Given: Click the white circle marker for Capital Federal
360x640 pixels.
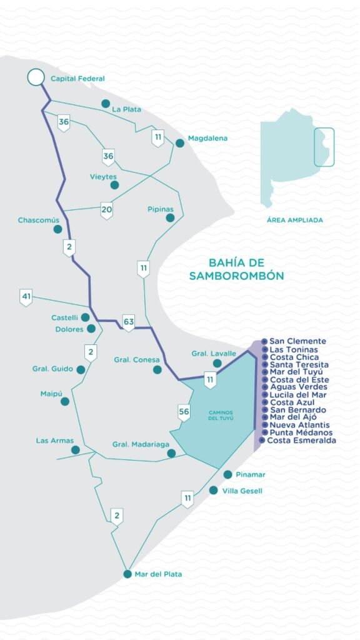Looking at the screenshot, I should (36, 77).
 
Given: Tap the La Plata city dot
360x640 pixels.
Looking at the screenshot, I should (106, 104).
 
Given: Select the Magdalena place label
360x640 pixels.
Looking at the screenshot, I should (207, 138).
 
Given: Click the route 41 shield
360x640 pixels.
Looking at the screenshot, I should (26, 297).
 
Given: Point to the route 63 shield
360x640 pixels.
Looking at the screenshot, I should (129, 323).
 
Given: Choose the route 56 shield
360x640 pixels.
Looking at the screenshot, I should (184, 412).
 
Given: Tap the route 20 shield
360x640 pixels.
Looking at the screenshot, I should (107, 210).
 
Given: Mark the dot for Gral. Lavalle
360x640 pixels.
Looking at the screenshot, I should (217, 363).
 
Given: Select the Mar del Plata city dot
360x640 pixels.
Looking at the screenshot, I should (127, 574).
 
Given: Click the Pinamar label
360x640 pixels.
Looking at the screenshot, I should (251, 475).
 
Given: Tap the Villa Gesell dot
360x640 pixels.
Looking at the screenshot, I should (214, 491).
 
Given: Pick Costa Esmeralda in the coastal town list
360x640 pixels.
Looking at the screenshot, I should (302, 441).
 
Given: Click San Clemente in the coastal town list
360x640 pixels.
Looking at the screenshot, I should (297, 341).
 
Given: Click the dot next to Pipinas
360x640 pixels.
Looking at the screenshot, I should (170, 217).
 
